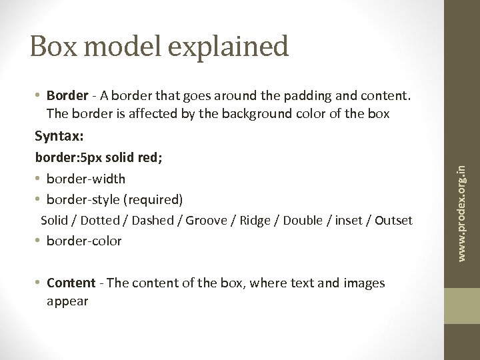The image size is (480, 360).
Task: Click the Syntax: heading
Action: [59, 136]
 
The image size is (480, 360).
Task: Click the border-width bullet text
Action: [85, 179]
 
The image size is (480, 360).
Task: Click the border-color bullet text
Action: [84, 241]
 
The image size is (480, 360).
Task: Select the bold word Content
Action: [72, 283]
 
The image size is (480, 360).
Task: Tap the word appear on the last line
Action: [67, 301]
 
